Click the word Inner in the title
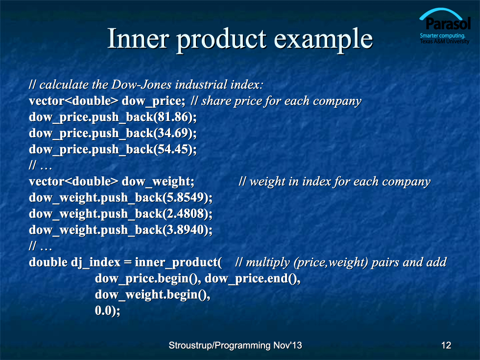pos(138,39)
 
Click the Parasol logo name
pos(448,24)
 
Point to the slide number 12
pos(446,345)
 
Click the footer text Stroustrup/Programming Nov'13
pos(235,345)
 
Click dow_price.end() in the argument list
pos(251,279)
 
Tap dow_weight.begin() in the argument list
pos(151,295)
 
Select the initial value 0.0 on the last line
pos(103,311)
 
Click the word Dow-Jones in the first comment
pos(142,84)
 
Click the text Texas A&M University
pos(445,41)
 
